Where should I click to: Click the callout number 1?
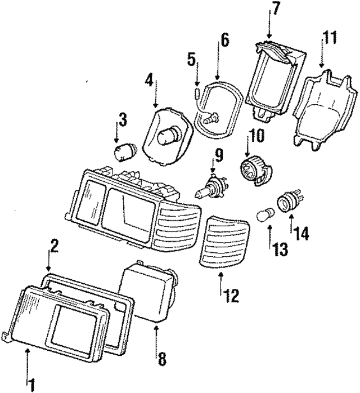point(31,385)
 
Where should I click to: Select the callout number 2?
point(55,245)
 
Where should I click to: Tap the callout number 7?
point(276,8)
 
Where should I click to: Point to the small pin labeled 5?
point(197,92)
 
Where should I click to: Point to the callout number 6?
point(224,41)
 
